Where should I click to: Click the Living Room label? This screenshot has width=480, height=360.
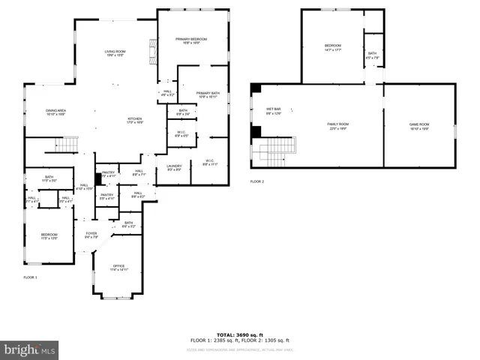pyautogui.click(x=115, y=53)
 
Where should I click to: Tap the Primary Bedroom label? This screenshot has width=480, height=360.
pyautogui.click(x=192, y=40)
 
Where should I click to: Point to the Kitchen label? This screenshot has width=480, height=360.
pyautogui.click(x=135, y=119)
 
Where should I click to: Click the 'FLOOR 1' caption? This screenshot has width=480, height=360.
pyautogui.click(x=30, y=277)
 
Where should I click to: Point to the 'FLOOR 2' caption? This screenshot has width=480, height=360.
pyautogui.click(x=257, y=181)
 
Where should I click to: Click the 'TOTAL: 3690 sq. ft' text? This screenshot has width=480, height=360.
pyautogui.click(x=239, y=334)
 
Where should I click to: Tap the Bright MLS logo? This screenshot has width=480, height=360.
pyautogui.click(x=29, y=349)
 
